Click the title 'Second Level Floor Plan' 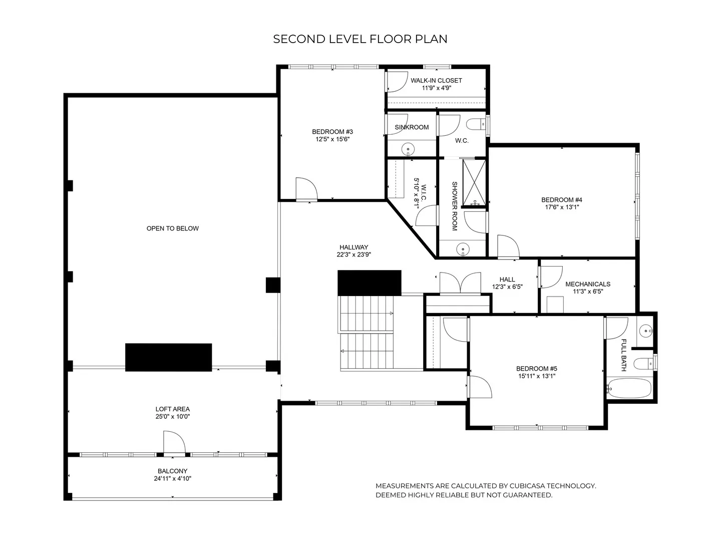[x=360, y=39]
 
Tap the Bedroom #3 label [x=332, y=132]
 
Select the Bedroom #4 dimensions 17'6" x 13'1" [x=562, y=207]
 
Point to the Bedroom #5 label [x=537, y=369]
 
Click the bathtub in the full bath [x=629, y=388]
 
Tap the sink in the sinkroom [x=408, y=149]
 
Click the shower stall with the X [x=474, y=183]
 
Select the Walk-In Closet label [x=436, y=81]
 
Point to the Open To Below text [x=172, y=228]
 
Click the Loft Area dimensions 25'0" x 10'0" [x=172, y=416]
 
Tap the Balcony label [x=172, y=471]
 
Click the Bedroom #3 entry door [x=307, y=189]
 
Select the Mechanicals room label [x=588, y=284]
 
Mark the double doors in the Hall [x=460, y=283]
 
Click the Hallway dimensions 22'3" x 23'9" [x=354, y=254]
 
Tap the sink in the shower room [x=463, y=248]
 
